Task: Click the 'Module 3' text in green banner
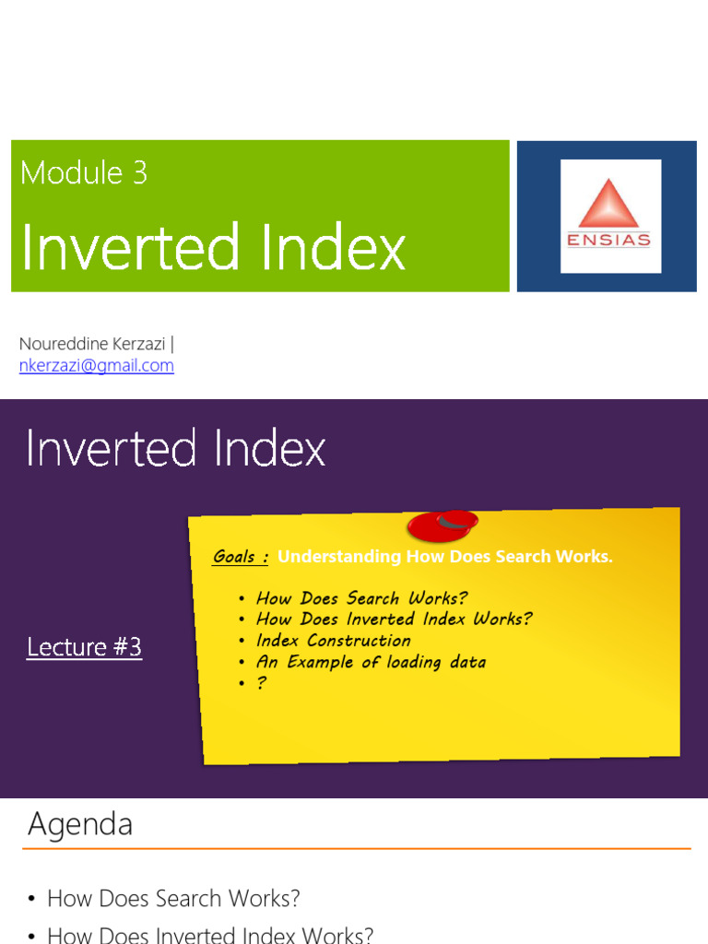click(84, 172)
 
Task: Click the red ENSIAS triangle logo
click(610, 204)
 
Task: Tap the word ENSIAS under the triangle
click(610, 241)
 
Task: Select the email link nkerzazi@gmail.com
click(97, 366)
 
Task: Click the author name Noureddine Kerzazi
click(92, 344)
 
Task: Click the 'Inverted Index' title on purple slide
click(175, 450)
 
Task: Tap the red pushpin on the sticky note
click(442, 525)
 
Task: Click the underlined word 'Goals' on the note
click(235, 557)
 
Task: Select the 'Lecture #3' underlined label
click(84, 647)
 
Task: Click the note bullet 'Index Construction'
click(333, 641)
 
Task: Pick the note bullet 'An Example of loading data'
click(371, 662)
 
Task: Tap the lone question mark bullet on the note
click(262, 683)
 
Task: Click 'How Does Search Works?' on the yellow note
click(361, 598)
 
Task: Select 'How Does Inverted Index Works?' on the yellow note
click(394, 619)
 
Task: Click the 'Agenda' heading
click(80, 824)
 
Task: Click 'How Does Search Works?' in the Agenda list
click(173, 899)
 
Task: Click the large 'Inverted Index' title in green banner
click(213, 247)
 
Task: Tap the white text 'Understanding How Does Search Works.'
click(444, 557)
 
